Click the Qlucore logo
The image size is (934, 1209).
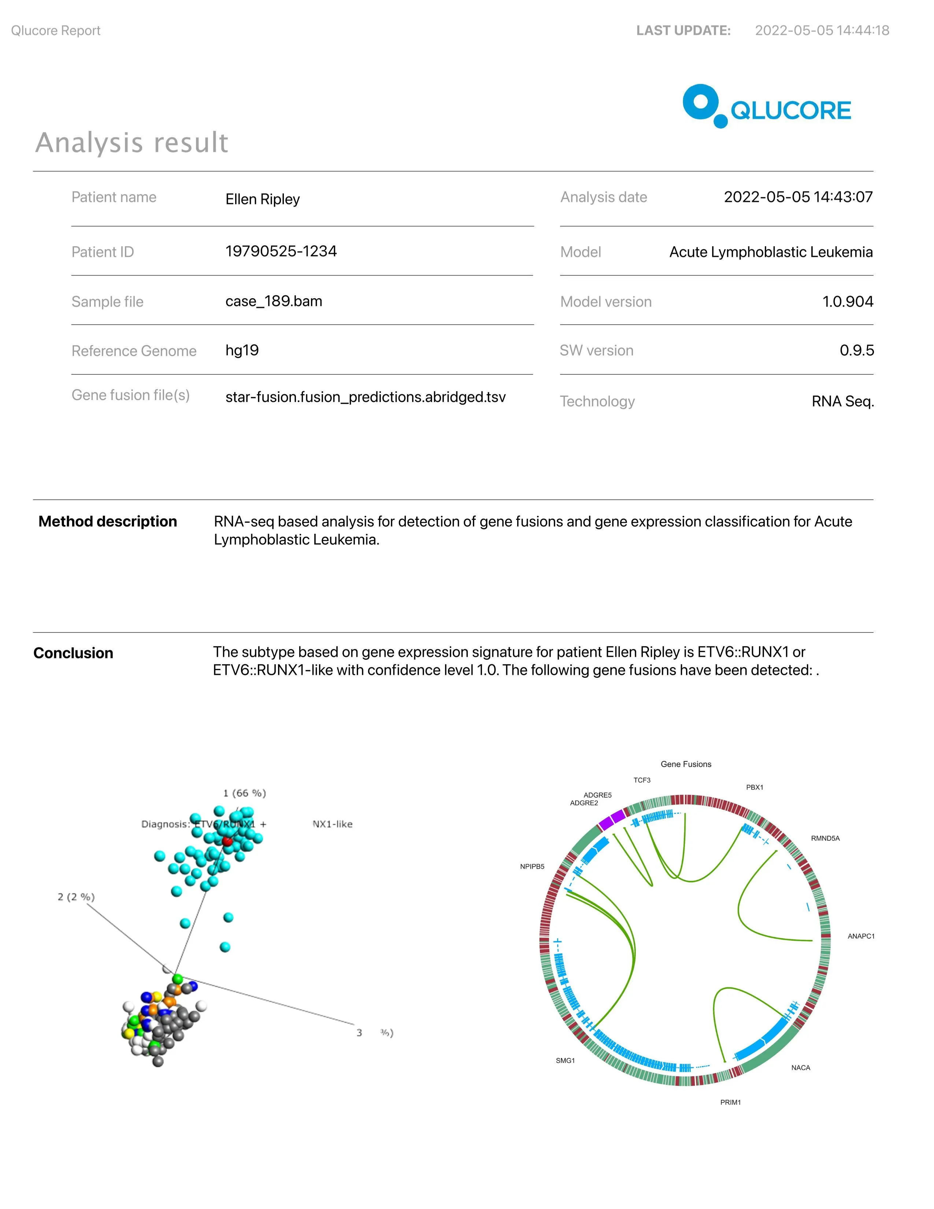pyautogui.click(x=766, y=107)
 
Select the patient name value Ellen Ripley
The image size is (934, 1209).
pyautogui.click(x=262, y=199)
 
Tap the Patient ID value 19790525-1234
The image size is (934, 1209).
pyautogui.click(x=281, y=251)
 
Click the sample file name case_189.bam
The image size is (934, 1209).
pyautogui.click(x=273, y=301)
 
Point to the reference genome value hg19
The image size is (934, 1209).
pyautogui.click(x=242, y=350)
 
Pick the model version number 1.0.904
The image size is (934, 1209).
pyautogui.click(x=847, y=302)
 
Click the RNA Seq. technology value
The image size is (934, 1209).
pyautogui.click(x=842, y=401)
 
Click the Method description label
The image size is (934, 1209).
pyautogui.click(x=108, y=521)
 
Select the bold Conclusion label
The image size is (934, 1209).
pyautogui.click(x=73, y=653)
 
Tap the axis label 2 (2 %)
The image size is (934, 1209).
pyautogui.click(x=76, y=897)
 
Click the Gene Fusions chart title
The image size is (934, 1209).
pyautogui.click(x=686, y=764)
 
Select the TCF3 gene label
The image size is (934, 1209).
pyautogui.click(x=642, y=780)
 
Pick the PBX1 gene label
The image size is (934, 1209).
pyautogui.click(x=754, y=787)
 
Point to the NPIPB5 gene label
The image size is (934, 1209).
pyautogui.click(x=532, y=866)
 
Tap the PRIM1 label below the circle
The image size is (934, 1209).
pyautogui.click(x=730, y=1102)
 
